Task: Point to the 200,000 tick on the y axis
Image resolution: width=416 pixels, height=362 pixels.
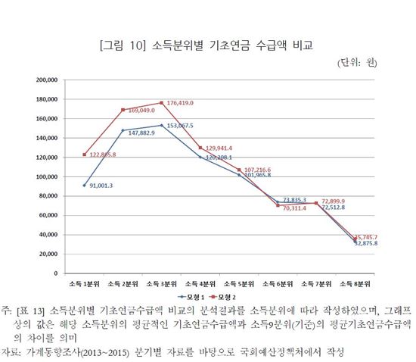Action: (46, 79)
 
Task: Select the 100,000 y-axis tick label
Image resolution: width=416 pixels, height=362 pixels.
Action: (46, 176)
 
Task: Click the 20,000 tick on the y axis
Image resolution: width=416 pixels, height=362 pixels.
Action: (48, 254)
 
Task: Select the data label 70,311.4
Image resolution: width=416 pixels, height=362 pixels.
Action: (300, 208)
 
